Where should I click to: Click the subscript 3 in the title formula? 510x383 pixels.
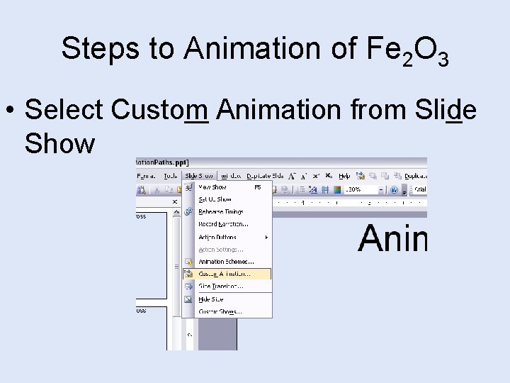443,59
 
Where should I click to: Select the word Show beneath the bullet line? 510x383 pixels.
59,143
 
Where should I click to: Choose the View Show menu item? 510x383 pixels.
212,187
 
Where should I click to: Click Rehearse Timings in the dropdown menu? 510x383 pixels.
220,211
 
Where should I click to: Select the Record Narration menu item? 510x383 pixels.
223,224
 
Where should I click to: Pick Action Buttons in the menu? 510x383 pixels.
217,237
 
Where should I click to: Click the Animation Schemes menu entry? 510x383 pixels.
226,262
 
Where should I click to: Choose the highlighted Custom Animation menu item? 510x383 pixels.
225,274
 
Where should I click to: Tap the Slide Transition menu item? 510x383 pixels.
220,287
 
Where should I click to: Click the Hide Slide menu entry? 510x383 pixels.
210,299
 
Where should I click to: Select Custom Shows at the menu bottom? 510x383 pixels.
220,311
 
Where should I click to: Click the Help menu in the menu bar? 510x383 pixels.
344,175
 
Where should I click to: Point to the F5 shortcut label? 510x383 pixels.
258,187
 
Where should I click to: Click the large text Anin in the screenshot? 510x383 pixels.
393,238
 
